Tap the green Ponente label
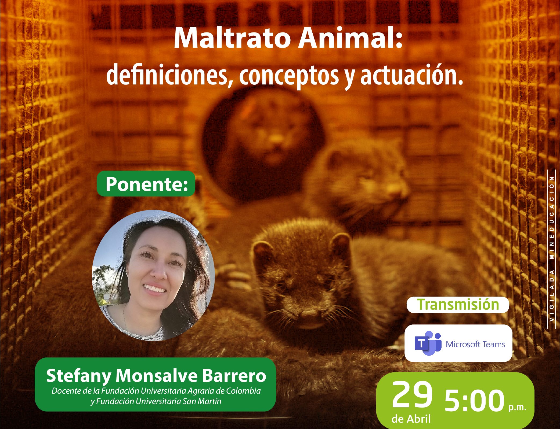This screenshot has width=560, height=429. (x=146, y=184)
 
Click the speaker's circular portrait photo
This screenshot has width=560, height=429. (x=153, y=275)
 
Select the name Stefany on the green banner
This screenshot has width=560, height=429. (x=79, y=376)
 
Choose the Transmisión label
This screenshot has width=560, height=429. (x=458, y=305)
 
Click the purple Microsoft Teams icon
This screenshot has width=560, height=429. (x=428, y=343)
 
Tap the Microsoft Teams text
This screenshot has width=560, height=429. (x=475, y=344)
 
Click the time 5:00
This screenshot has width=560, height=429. (x=475, y=401)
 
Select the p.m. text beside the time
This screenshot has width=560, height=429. (x=517, y=407)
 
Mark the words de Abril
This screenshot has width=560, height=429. (x=411, y=419)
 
